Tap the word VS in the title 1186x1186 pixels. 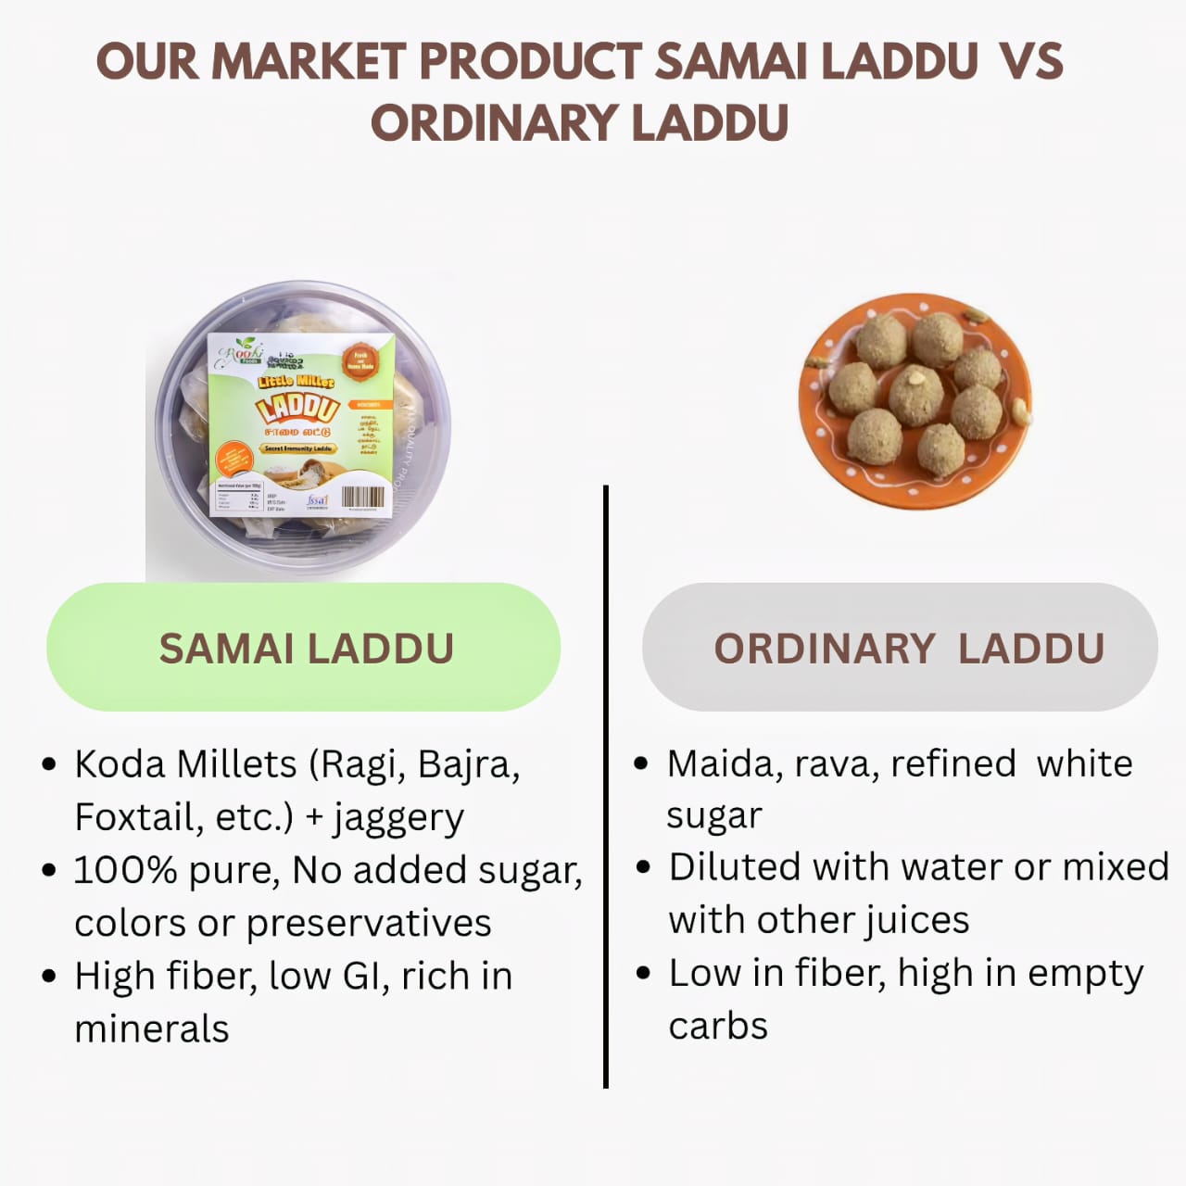1031,61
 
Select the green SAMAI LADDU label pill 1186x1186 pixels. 304,647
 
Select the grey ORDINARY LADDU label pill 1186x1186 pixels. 900,647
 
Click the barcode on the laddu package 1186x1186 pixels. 362,498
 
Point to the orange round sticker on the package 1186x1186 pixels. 360,360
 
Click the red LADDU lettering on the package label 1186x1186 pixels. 296,408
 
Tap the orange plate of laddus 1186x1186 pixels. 915,400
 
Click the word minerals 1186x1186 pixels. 151,1028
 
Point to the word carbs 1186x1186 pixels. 718,1026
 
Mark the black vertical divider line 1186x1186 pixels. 605,788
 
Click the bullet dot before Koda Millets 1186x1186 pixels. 50,764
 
